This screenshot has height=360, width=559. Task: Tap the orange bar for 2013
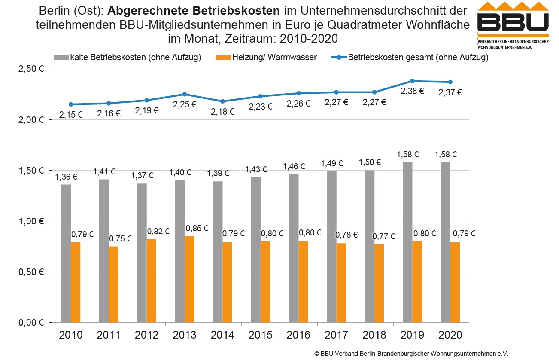189,279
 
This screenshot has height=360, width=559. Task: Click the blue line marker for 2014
222,101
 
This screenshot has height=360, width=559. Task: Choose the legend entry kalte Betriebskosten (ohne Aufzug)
127,58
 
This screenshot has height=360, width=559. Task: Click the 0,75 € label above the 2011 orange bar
120,239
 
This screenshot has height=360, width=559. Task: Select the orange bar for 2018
379,283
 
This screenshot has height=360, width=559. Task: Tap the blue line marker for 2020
450,82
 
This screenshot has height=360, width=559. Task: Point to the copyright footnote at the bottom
411,354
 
